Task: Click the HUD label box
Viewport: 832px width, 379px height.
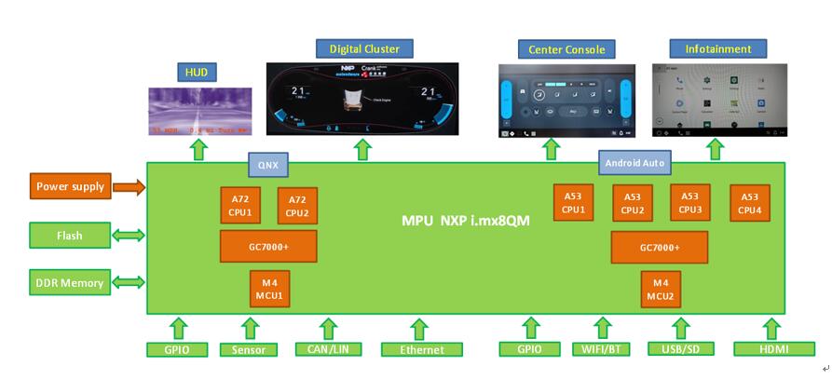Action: tap(197, 71)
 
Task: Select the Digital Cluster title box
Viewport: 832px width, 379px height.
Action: tap(364, 48)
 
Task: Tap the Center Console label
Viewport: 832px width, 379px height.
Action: tap(566, 49)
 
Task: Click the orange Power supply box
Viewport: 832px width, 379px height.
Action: tap(71, 186)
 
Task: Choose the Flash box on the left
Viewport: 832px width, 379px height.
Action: tap(71, 236)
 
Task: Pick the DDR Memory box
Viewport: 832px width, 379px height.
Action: tap(71, 283)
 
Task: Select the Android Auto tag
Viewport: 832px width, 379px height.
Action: tap(634, 163)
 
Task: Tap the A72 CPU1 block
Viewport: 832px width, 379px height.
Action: tap(241, 206)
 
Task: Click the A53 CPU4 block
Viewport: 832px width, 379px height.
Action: tap(749, 203)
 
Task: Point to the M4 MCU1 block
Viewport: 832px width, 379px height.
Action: tap(270, 289)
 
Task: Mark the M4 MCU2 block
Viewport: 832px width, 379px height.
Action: tap(661, 289)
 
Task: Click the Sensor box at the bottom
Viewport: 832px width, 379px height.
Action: tap(249, 350)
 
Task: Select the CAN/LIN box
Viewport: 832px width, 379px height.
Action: tap(328, 350)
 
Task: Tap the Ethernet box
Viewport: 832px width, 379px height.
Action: tap(420, 350)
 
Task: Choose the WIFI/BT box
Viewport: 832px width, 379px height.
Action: tap(600, 350)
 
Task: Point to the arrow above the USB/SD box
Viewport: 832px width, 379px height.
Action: tap(682, 329)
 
